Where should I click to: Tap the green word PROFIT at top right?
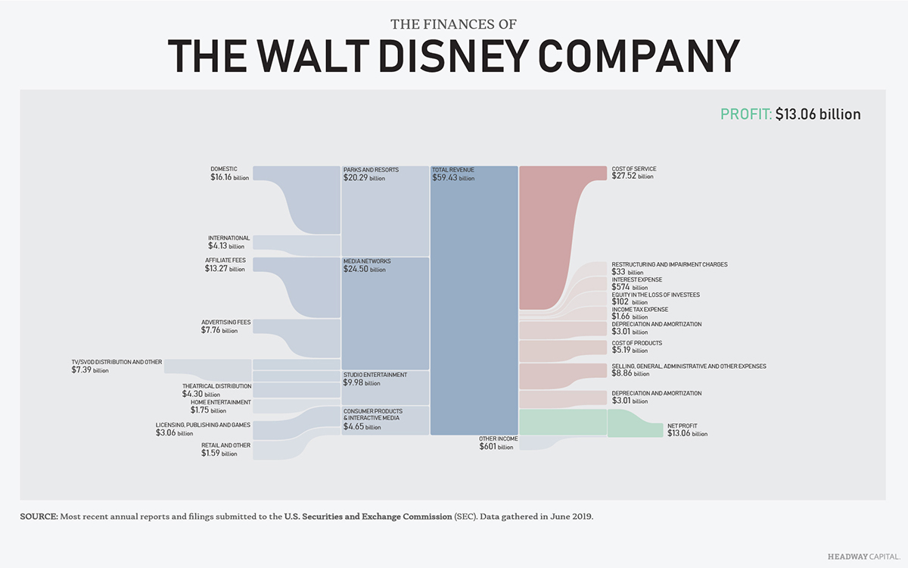(745, 114)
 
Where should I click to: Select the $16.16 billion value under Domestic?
(229, 177)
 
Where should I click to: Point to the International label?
(229, 238)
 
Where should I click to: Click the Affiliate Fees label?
(225, 261)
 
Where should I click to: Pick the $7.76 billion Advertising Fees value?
(225, 330)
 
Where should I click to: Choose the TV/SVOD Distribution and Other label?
(117, 362)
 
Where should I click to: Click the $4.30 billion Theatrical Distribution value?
(201, 394)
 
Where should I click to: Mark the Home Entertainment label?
(220, 402)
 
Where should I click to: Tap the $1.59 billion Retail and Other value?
(219, 453)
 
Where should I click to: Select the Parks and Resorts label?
(371, 170)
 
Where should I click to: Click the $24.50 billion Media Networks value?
(364, 269)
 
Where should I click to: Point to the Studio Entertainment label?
(375, 375)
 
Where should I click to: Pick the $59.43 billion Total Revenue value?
(453, 178)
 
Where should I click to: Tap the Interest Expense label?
(636, 279)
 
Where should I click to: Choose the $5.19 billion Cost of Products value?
(630, 351)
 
